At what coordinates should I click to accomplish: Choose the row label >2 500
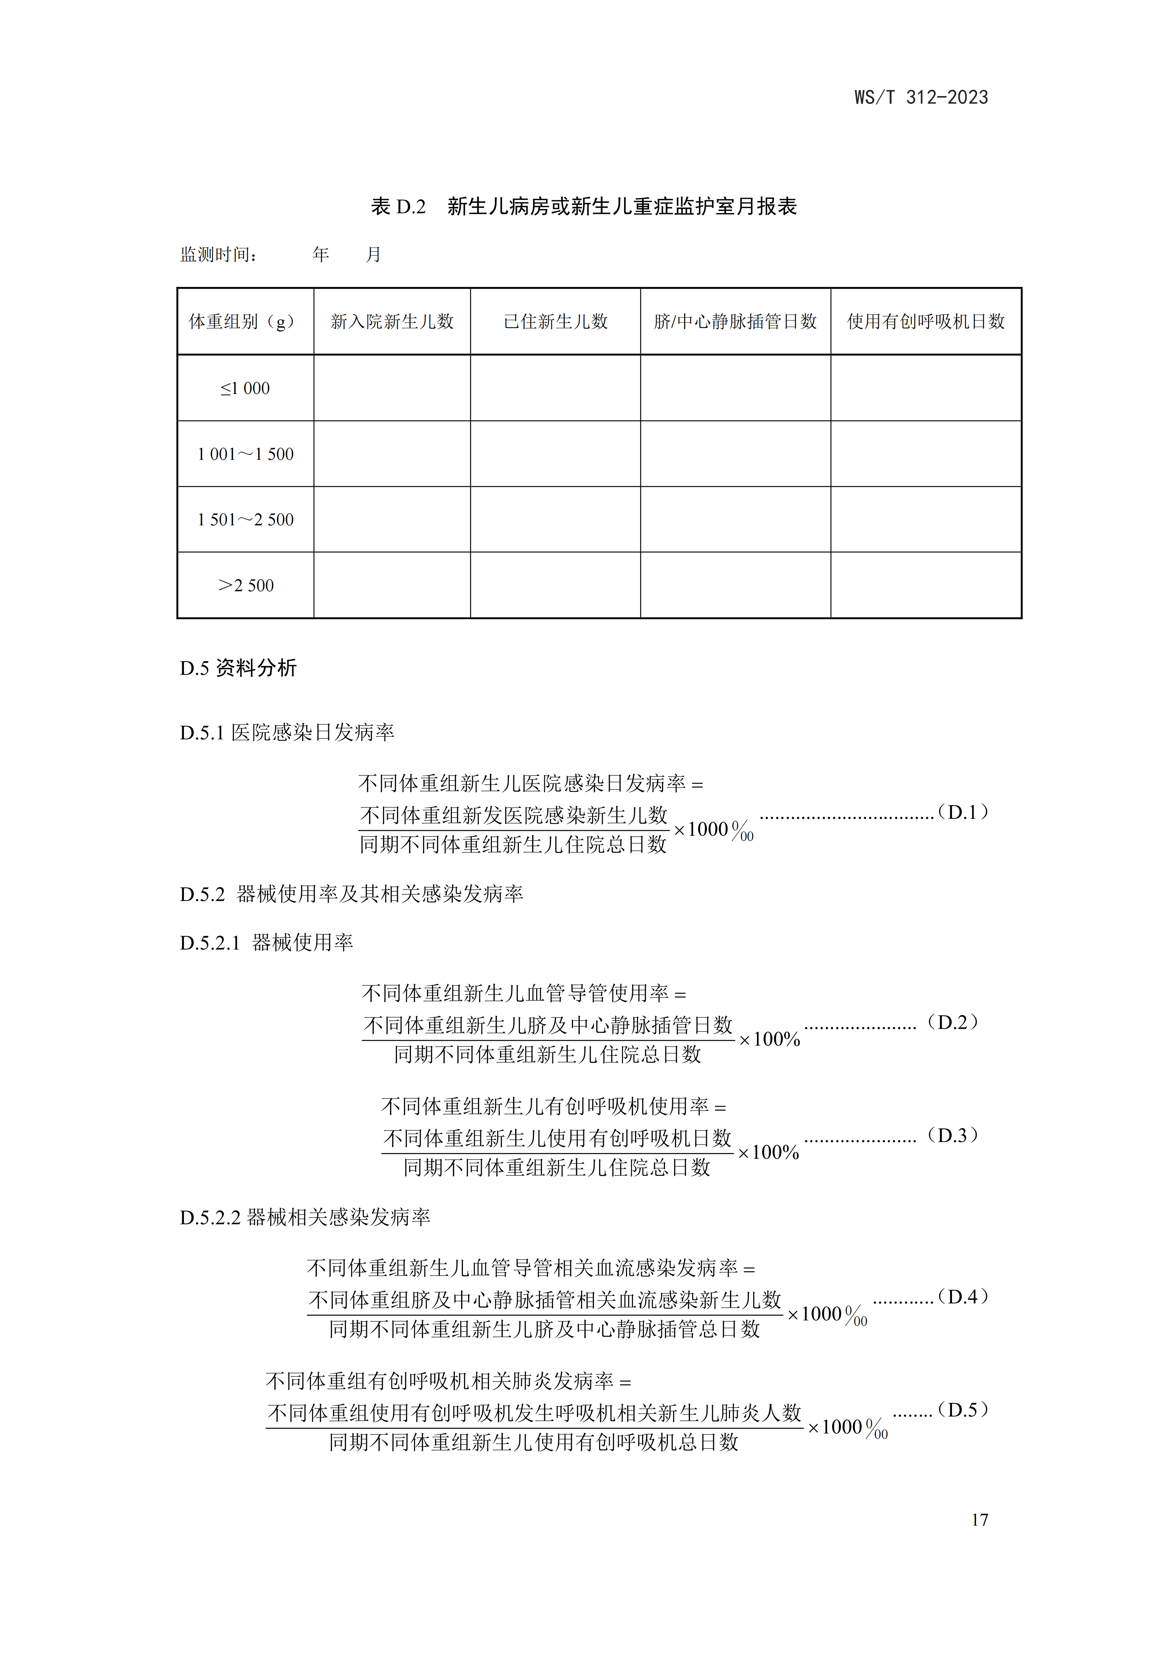point(245,585)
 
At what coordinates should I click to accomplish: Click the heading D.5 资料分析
point(238,668)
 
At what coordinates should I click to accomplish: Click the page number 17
point(980,1520)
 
